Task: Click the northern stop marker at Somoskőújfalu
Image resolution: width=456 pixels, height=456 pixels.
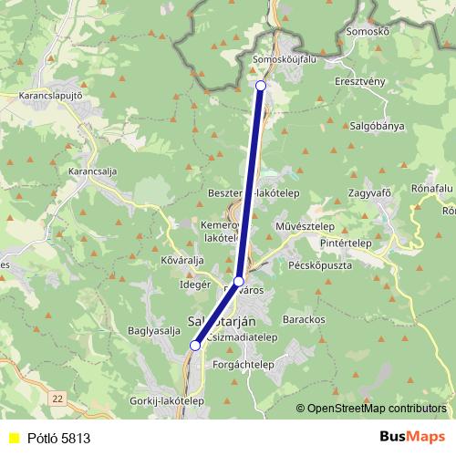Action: click(261, 85)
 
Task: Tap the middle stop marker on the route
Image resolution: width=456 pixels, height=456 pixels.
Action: click(238, 281)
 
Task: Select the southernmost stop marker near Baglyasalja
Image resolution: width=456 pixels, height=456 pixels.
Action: click(195, 345)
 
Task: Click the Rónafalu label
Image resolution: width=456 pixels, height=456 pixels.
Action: click(432, 188)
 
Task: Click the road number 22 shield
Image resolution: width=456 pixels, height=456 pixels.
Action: click(58, 398)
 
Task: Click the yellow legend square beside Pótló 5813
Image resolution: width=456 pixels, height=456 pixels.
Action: click(13, 437)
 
